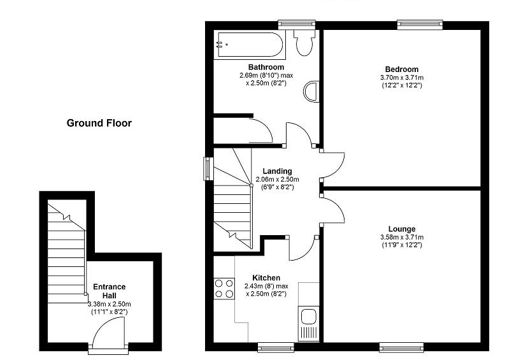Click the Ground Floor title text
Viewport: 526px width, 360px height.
99,123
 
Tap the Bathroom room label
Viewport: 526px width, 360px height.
266,67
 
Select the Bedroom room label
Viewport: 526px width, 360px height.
401,69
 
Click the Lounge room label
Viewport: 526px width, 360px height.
402,229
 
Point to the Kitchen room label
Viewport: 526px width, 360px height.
266,278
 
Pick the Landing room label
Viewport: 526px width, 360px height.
277,171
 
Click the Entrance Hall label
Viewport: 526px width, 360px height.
110,291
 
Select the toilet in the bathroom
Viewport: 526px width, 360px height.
304,42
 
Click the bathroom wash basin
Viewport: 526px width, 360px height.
311,91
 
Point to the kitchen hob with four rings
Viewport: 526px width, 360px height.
224,288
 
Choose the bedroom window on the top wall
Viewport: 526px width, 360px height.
415,25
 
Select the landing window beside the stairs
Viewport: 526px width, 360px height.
208,168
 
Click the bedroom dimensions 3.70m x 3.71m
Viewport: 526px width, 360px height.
401,78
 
